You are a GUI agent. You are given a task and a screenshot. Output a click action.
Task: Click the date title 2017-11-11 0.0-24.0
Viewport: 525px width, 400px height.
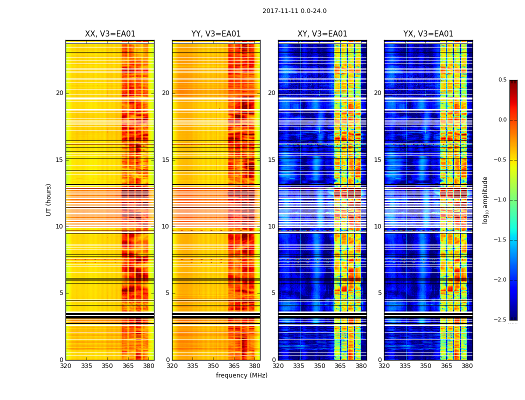coord(294,11)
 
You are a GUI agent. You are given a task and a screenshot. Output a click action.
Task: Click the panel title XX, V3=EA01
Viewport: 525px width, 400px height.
coord(110,34)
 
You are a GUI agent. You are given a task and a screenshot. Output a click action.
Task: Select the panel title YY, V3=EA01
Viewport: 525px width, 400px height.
coord(216,34)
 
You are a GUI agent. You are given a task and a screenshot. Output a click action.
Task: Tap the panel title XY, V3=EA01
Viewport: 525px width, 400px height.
coord(322,34)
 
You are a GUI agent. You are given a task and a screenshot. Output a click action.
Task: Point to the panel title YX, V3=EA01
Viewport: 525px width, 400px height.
coord(428,34)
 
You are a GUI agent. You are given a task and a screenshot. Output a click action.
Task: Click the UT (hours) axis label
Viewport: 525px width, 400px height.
coord(48,199)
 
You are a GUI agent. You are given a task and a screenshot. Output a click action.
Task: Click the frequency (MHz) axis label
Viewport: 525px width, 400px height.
coord(241,375)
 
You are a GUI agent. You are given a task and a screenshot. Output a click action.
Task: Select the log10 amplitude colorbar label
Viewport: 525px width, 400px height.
coord(485,199)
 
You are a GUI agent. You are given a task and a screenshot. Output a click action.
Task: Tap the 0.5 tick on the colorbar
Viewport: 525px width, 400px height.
coord(502,80)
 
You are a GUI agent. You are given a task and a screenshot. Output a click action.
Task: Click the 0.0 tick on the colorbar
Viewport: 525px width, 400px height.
coord(502,120)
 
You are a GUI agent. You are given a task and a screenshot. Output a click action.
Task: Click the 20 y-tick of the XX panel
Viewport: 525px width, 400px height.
coord(59,93)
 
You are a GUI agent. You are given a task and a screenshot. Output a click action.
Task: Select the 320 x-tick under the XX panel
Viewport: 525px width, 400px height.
coord(65,366)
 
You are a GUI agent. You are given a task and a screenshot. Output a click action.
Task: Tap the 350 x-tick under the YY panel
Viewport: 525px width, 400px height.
coord(213,366)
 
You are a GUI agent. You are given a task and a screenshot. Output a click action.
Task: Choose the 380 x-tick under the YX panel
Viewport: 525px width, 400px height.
coord(467,366)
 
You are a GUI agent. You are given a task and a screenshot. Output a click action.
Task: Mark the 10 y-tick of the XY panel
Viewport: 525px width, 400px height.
coord(271,226)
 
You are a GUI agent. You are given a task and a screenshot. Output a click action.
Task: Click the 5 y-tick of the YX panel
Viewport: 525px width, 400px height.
coord(379,293)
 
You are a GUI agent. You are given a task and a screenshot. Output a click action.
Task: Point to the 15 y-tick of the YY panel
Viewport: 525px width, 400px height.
coord(165,160)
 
